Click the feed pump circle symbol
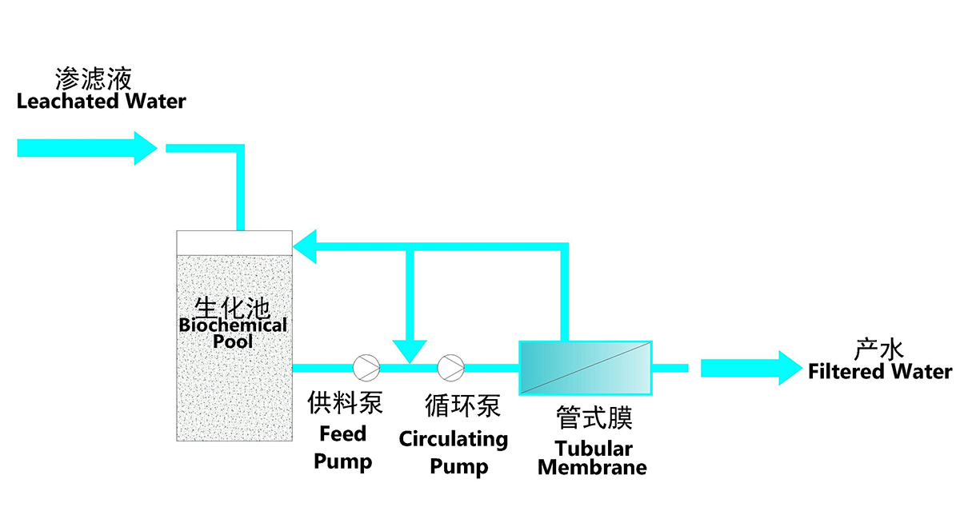366,368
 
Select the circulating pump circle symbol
450,368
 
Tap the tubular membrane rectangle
586,368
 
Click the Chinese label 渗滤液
93,78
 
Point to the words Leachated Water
101,102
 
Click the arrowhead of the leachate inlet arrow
145,148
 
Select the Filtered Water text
880,372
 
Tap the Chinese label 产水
879,349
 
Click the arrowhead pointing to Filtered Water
789,368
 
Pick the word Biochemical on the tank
233,325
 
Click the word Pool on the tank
233,341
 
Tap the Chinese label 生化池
233,307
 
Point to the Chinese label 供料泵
346,402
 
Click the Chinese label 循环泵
462,405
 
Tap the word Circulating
454,439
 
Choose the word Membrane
592,467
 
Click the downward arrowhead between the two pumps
410,350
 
